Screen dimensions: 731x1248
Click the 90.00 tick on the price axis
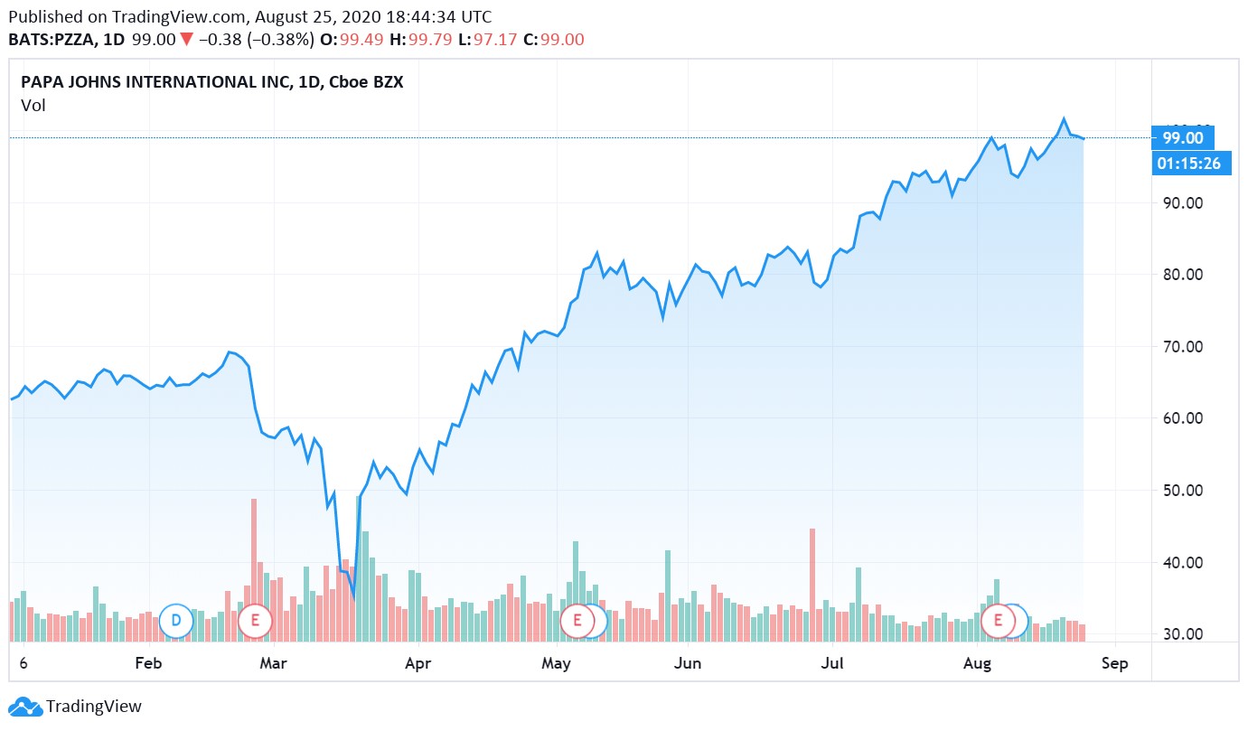[1183, 202]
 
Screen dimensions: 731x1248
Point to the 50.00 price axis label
[1183, 491]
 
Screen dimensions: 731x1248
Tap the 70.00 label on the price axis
[1183, 346]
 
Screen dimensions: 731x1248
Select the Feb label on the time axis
[147, 664]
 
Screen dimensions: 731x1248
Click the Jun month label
[688, 664]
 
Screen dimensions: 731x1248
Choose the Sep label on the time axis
[1114, 664]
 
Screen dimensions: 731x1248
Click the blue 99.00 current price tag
[1183, 137]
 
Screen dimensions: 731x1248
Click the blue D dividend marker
[175, 620]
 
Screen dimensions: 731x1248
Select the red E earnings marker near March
[256, 620]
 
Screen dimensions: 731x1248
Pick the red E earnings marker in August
[999, 620]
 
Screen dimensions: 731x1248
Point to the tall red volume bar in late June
[812, 578]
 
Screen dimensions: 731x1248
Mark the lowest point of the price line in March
[353, 597]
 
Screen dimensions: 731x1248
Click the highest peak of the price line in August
[1064, 118]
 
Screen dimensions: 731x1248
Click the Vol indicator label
[33, 106]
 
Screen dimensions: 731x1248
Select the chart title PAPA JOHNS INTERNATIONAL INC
[154, 82]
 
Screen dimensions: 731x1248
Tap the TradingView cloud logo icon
[24, 707]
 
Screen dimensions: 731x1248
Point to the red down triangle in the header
[186, 40]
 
